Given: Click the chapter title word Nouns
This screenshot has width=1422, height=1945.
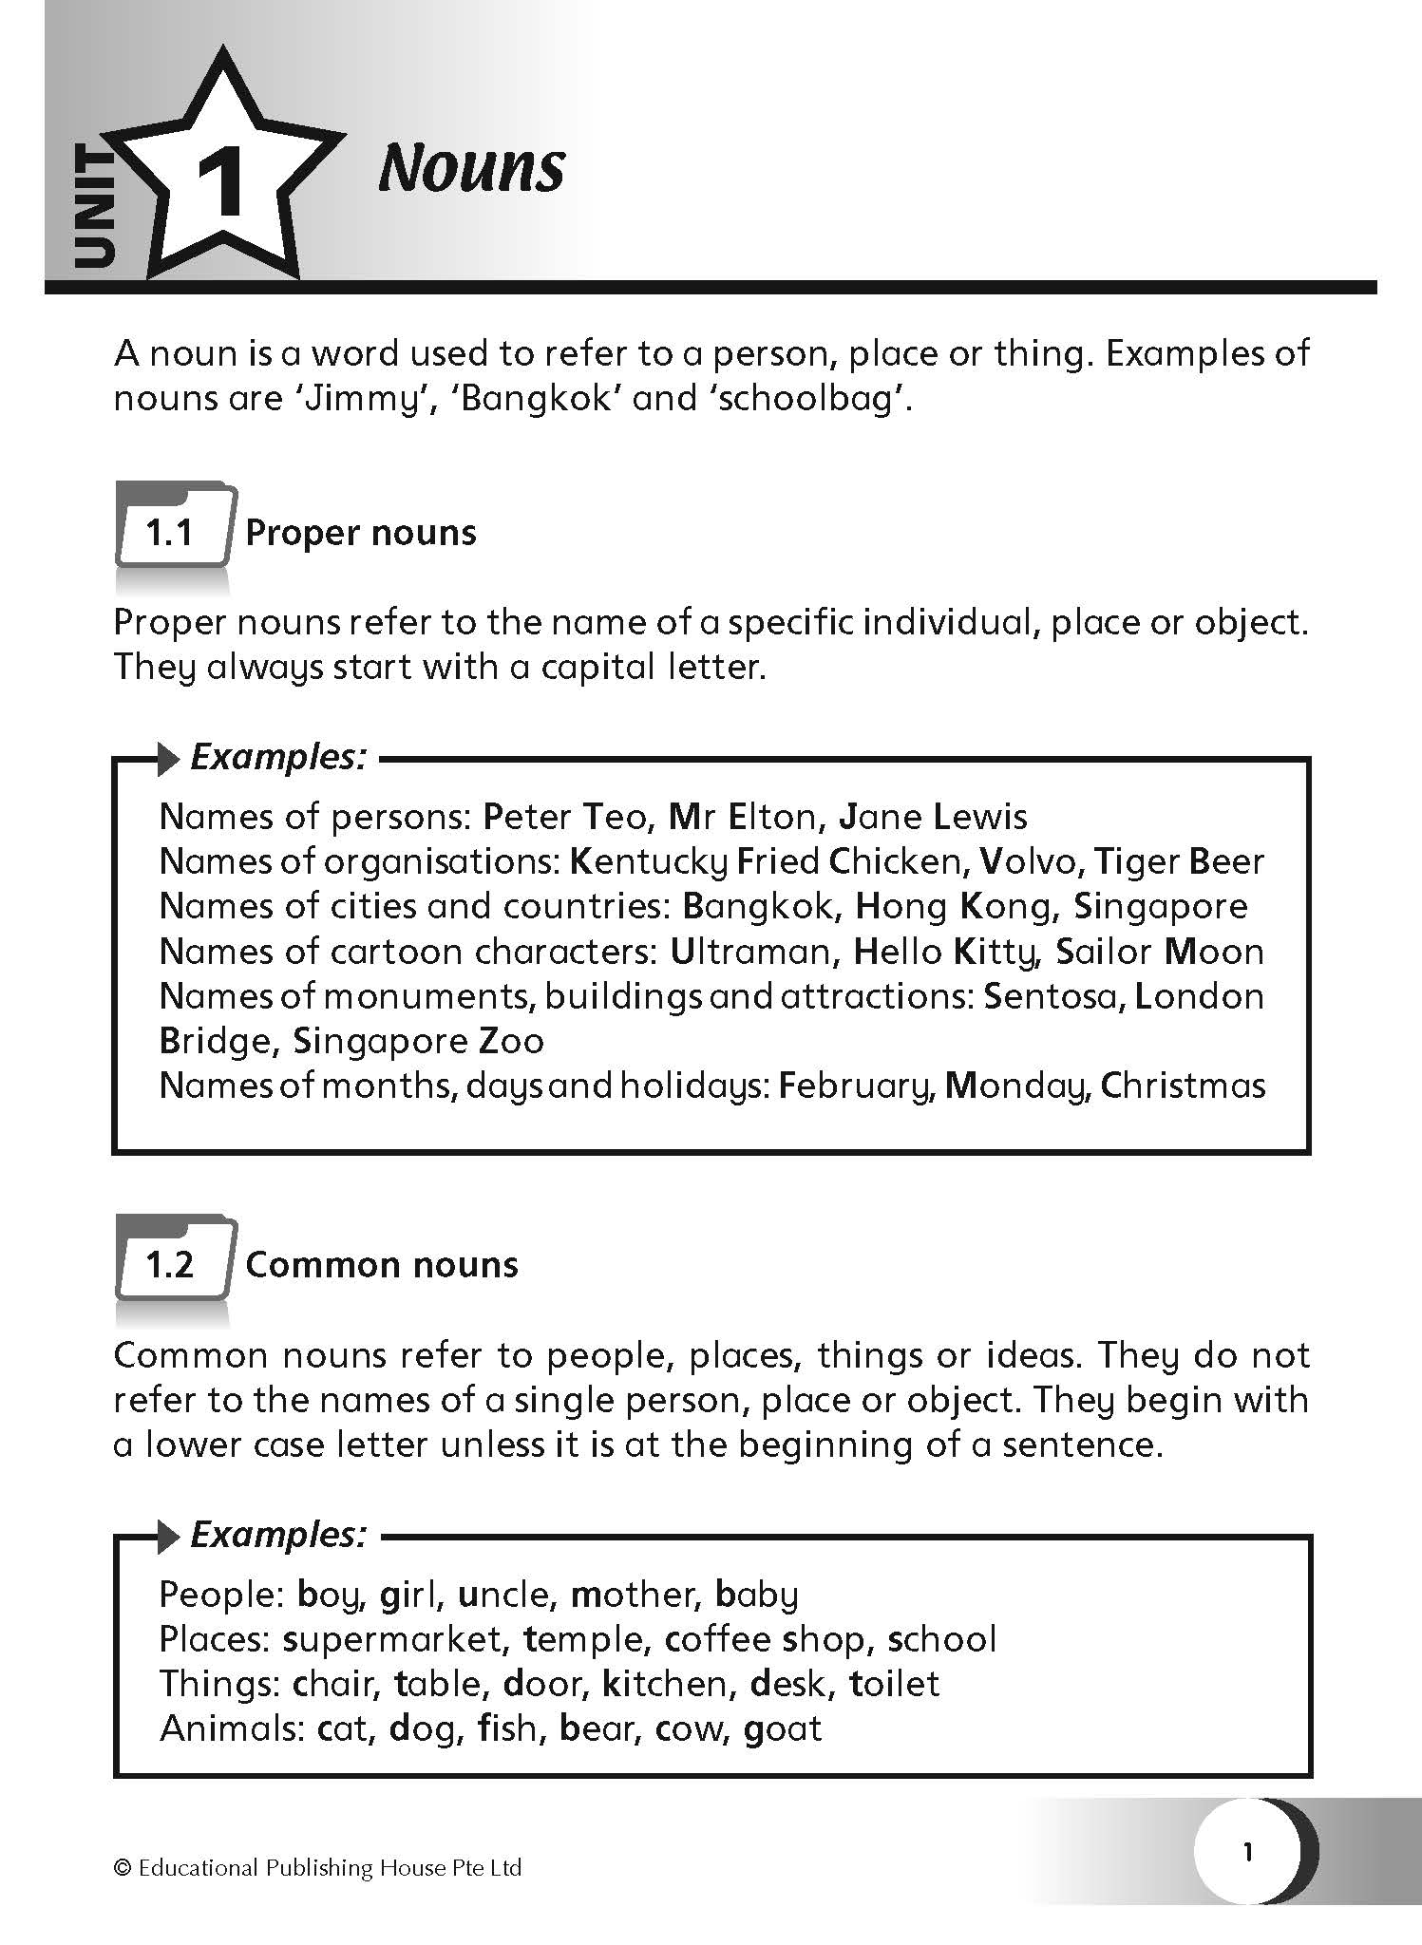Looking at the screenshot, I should pyautogui.click(x=471, y=169).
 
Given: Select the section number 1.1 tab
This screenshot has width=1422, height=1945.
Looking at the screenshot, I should pyautogui.click(x=170, y=533).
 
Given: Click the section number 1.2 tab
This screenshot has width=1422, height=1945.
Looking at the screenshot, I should pyautogui.click(x=170, y=1265).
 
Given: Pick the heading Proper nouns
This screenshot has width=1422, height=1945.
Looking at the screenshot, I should pyautogui.click(x=361, y=533).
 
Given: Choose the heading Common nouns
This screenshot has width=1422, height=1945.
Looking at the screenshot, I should pyautogui.click(x=382, y=1265).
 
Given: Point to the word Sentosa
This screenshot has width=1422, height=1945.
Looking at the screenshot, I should pyautogui.click(x=1052, y=995).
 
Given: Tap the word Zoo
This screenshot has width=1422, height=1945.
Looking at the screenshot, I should pyautogui.click(x=511, y=1041).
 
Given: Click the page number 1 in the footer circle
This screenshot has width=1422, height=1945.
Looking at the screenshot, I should pyautogui.click(x=1248, y=1852).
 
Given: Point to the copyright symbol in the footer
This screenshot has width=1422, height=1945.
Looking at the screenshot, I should pyautogui.click(x=122, y=1868).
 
